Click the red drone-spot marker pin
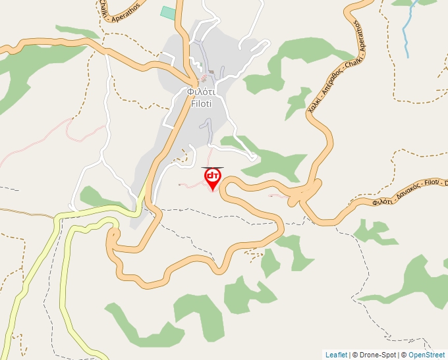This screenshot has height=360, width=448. coord(212,177)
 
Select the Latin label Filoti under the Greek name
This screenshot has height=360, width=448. coord(199,103)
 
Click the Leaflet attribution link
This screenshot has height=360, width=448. coord(336,355)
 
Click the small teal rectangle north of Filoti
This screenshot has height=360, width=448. coord(168,13)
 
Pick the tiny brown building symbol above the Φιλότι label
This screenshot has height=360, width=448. coord(211,72)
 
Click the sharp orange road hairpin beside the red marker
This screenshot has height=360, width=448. coord(227,187)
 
